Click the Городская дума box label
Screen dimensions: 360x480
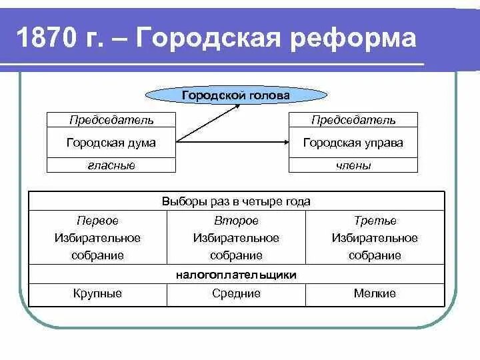pos(111,143)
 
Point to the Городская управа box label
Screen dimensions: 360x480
pos(353,143)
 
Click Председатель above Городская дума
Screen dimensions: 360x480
pos(111,120)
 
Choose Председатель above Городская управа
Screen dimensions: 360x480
pos(353,120)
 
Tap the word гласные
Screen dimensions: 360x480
pos(111,165)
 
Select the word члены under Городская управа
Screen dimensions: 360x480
pos(353,165)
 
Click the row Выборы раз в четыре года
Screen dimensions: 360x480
pos(236,201)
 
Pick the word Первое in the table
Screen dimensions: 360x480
pos(97,221)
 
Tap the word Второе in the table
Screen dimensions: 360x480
pos(236,221)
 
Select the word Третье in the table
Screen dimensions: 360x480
pos(375,221)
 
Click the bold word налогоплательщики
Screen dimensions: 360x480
pos(236,275)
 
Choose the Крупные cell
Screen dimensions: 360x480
pos(97,293)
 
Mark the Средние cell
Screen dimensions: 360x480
pos(236,293)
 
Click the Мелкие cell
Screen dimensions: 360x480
pos(375,293)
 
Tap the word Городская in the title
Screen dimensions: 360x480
pos(213,38)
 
